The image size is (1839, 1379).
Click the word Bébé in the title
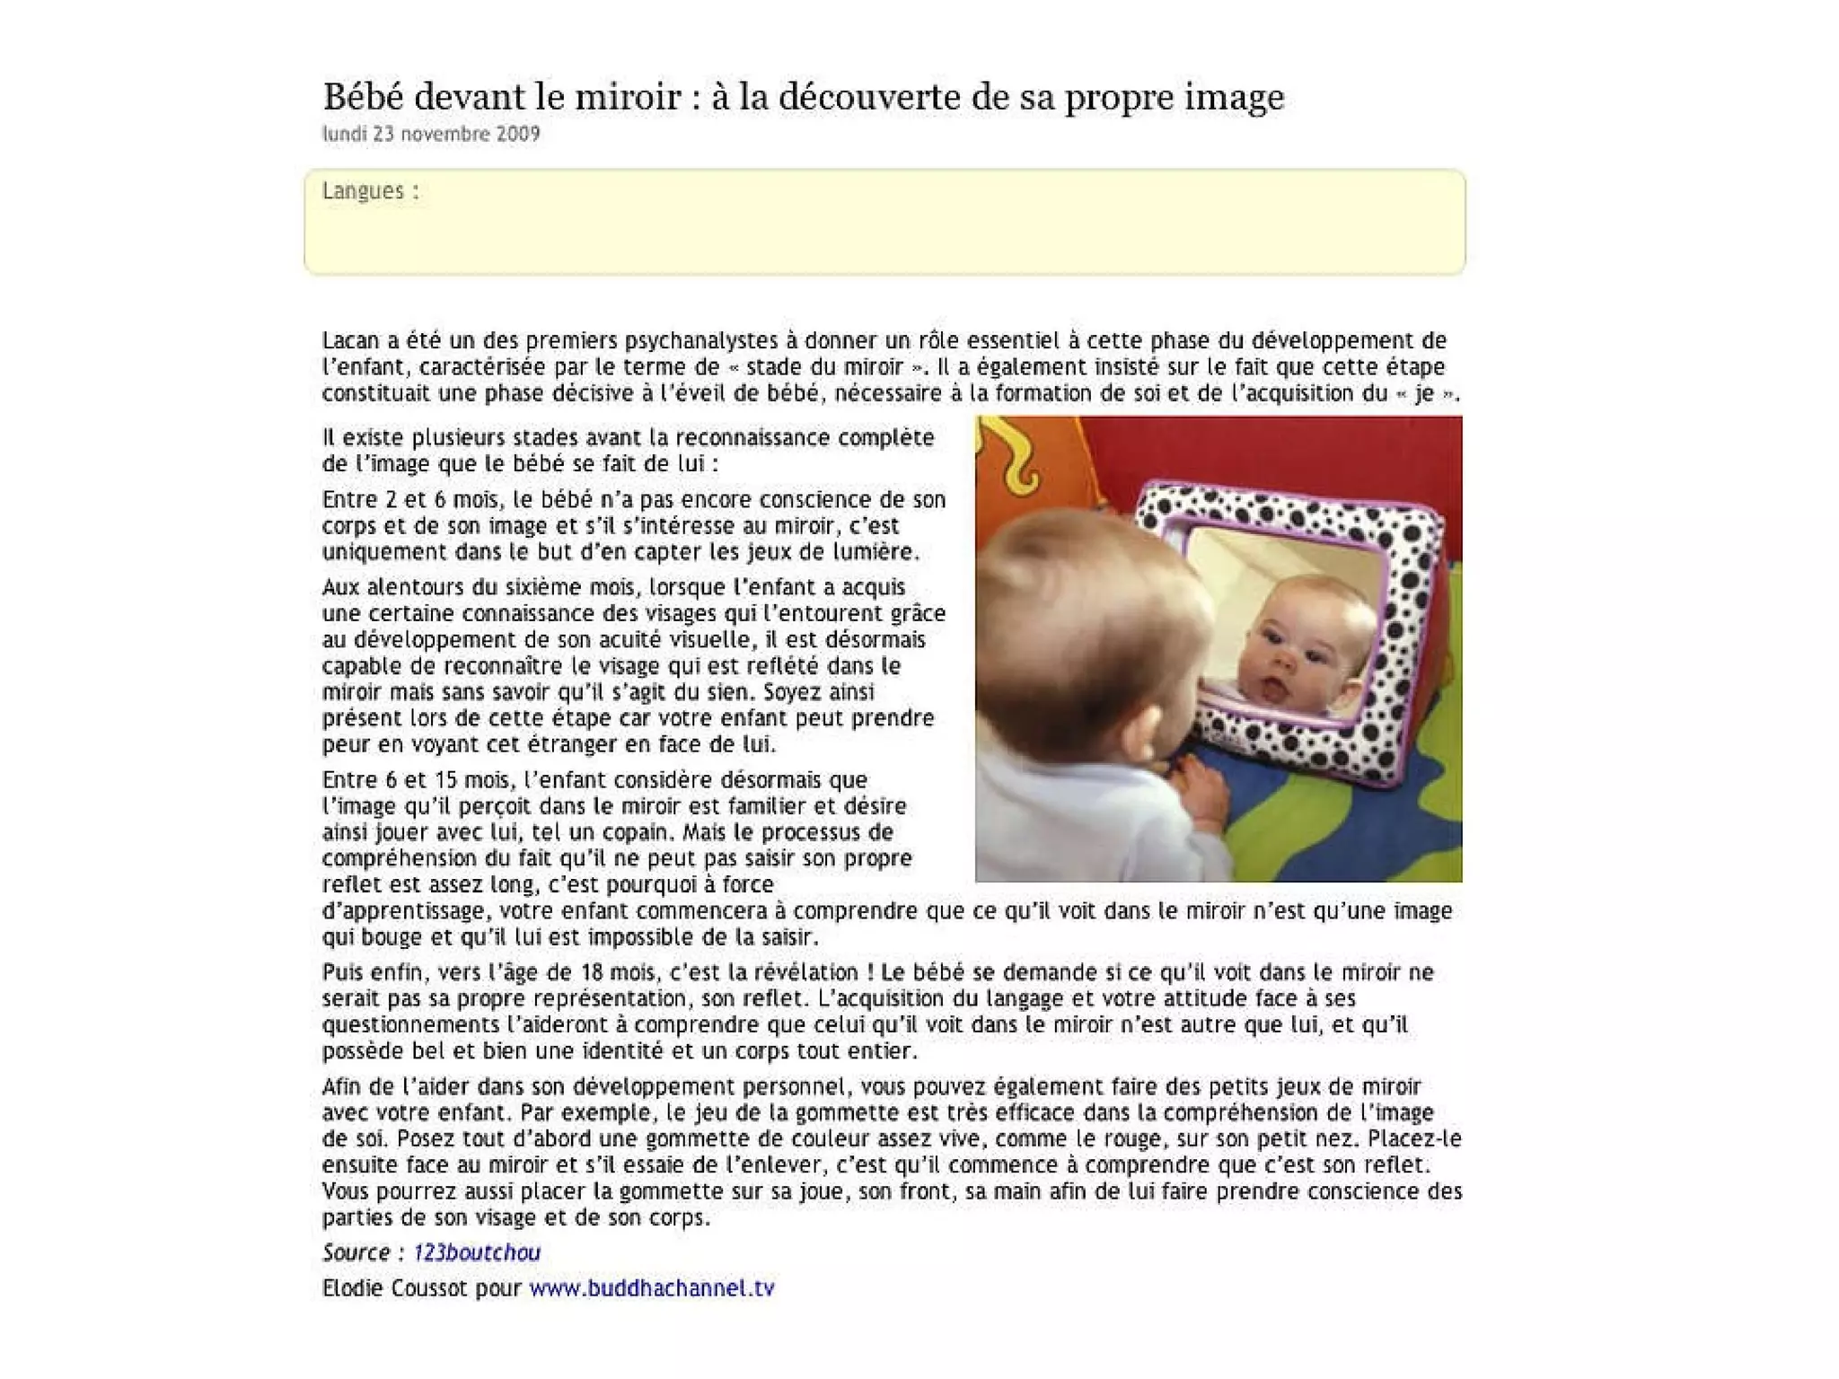(x=363, y=97)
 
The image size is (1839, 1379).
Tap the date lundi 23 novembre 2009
(x=431, y=134)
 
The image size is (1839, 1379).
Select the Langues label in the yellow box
(x=364, y=190)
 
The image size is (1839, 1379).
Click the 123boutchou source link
(x=477, y=1252)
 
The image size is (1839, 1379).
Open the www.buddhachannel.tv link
(x=652, y=1288)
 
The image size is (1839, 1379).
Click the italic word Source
(x=356, y=1252)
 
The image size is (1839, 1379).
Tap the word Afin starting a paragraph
(x=341, y=1087)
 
